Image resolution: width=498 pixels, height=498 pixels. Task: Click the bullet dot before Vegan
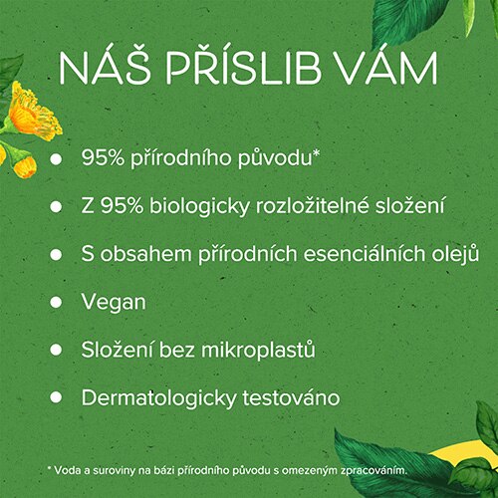pyautogui.click(x=56, y=302)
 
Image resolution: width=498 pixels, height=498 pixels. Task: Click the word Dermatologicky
pyautogui.click(x=158, y=398)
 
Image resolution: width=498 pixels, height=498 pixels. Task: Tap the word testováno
pyautogui.click(x=291, y=397)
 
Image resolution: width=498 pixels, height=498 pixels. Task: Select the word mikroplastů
pyautogui.click(x=258, y=351)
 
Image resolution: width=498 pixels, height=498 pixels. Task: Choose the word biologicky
pyautogui.click(x=199, y=206)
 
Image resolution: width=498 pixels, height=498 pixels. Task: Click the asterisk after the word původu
pyautogui.click(x=316, y=154)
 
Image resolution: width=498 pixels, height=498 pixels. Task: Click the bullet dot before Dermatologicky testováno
pyautogui.click(x=56, y=397)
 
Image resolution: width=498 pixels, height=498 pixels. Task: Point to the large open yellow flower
pyautogui.click(x=33, y=112)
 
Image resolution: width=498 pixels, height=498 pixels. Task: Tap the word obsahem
pyautogui.click(x=146, y=254)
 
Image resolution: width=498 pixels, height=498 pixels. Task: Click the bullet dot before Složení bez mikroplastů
pyautogui.click(x=56, y=350)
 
